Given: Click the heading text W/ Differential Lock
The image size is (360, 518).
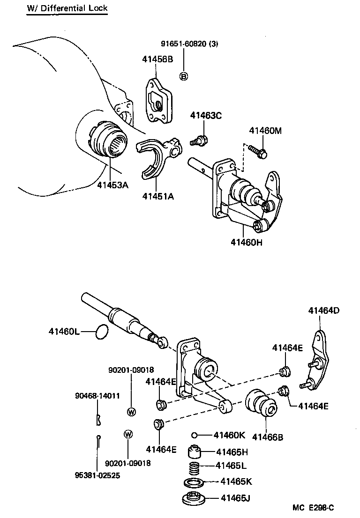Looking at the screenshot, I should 67,8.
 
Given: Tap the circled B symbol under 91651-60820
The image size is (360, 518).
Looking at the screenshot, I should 184,76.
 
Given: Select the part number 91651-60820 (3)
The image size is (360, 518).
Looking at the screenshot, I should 189,44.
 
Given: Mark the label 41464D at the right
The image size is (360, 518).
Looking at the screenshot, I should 324,310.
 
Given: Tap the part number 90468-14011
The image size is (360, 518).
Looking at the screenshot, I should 97,396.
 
